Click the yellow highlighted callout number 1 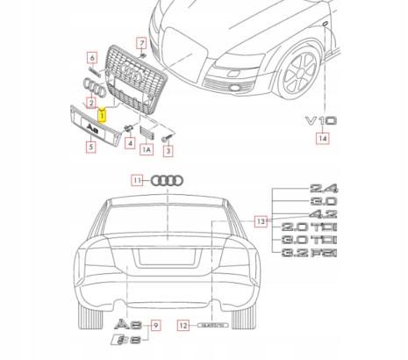tap(103, 113)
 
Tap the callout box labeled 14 tap(324, 139)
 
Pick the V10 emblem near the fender tap(320, 120)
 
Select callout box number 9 tap(156, 325)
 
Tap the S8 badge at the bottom tap(125, 340)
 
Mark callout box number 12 tap(183, 325)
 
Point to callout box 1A tap(148, 150)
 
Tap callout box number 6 tap(90, 58)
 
